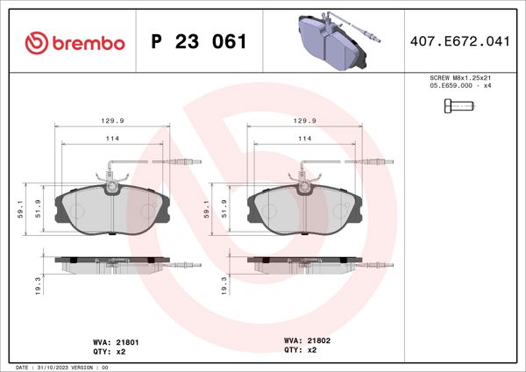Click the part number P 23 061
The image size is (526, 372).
click(x=199, y=42)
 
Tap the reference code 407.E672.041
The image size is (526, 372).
click(x=460, y=42)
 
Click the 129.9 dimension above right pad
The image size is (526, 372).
click(x=302, y=121)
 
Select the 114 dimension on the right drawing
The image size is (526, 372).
click(x=302, y=139)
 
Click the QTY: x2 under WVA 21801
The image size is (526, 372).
click(x=110, y=351)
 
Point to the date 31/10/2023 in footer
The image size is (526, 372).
click(x=59, y=367)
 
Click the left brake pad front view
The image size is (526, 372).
click(x=109, y=211)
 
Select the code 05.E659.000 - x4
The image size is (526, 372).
click(x=459, y=87)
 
